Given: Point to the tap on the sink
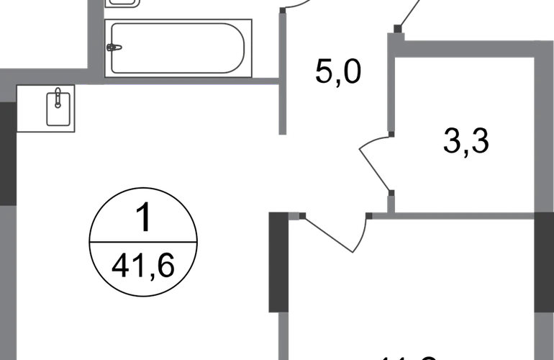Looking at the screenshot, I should [x=57, y=93].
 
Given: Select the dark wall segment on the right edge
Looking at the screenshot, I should [x=543, y=266].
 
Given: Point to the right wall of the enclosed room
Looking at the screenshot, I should [x=540, y=130].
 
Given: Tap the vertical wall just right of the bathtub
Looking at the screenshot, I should [x=283, y=72].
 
